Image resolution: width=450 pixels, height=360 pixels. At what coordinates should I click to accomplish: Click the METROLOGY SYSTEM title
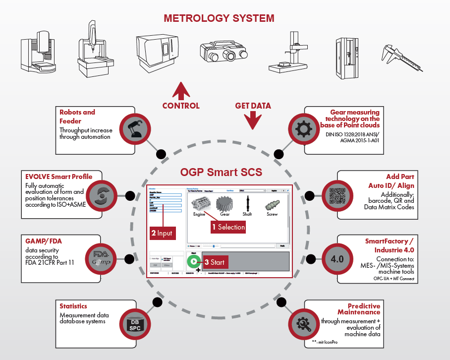(x=219, y=19)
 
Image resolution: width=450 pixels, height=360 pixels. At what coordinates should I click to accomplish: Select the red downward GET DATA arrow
(x=253, y=119)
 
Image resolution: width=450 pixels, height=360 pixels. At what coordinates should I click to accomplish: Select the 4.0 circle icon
(x=337, y=259)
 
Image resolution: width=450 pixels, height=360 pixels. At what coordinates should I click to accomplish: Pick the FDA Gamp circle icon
(x=103, y=258)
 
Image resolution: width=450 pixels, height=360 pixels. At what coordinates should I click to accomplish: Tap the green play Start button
(x=192, y=261)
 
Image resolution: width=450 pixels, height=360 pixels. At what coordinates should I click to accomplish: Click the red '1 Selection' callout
(x=228, y=227)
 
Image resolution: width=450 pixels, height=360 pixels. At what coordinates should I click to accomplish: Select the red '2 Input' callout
(x=161, y=233)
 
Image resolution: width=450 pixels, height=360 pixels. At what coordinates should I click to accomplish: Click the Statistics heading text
(x=73, y=306)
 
